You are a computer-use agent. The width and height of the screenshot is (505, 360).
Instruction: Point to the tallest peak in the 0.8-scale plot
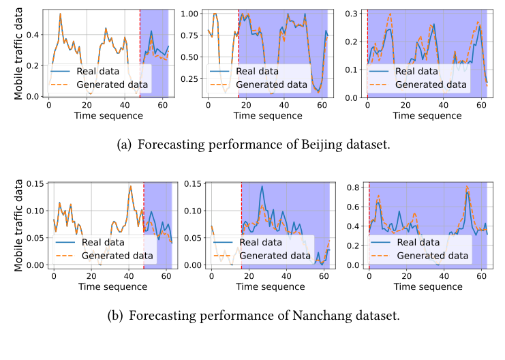click(468, 187)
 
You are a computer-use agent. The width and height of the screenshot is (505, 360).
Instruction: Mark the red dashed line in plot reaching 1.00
click(239, 48)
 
